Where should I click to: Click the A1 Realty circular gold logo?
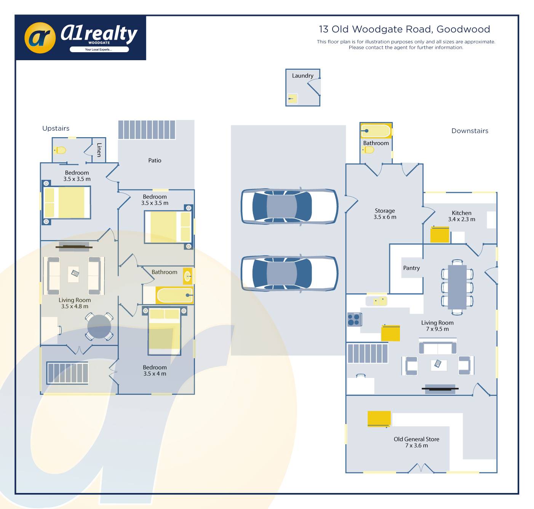coord(40,37)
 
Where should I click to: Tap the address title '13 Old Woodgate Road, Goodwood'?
coord(404,29)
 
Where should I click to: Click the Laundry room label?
coord(302,76)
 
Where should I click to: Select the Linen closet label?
coord(99,150)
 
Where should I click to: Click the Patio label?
coord(155,160)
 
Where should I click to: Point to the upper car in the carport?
coord(289,206)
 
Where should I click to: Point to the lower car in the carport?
coord(289,273)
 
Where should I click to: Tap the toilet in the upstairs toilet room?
coord(60,150)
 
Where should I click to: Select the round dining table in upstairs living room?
coord(99,327)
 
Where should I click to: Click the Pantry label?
coord(411,268)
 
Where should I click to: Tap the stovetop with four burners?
coord(353,319)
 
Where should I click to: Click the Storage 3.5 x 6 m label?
coord(385,214)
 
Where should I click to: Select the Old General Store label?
coord(416,442)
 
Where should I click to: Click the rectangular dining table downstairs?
coord(457,287)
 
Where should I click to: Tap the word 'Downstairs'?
coord(470,131)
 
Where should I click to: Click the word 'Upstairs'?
coord(56,128)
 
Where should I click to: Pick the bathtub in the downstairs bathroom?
coord(376,131)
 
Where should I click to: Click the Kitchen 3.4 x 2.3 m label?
coord(461,216)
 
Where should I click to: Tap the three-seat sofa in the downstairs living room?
coord(438,348)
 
